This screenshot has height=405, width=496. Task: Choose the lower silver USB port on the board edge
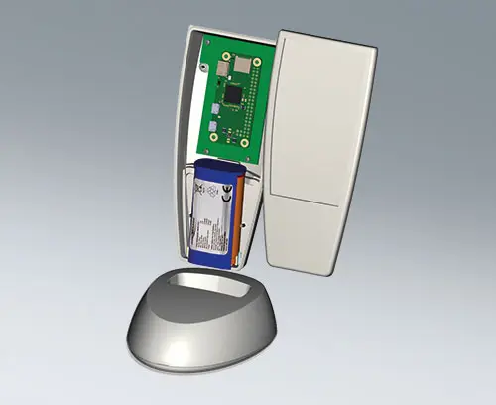[x=211, y=123]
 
